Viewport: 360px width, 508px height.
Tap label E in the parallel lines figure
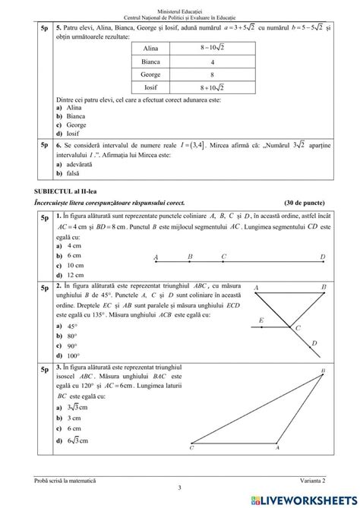tap(261, 320)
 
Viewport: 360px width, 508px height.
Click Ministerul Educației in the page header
tap(179, 5)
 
